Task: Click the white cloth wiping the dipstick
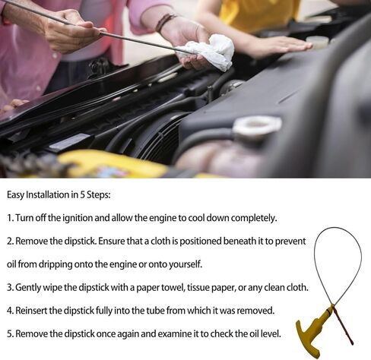209,52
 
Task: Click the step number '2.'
11,241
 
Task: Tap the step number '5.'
11,333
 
